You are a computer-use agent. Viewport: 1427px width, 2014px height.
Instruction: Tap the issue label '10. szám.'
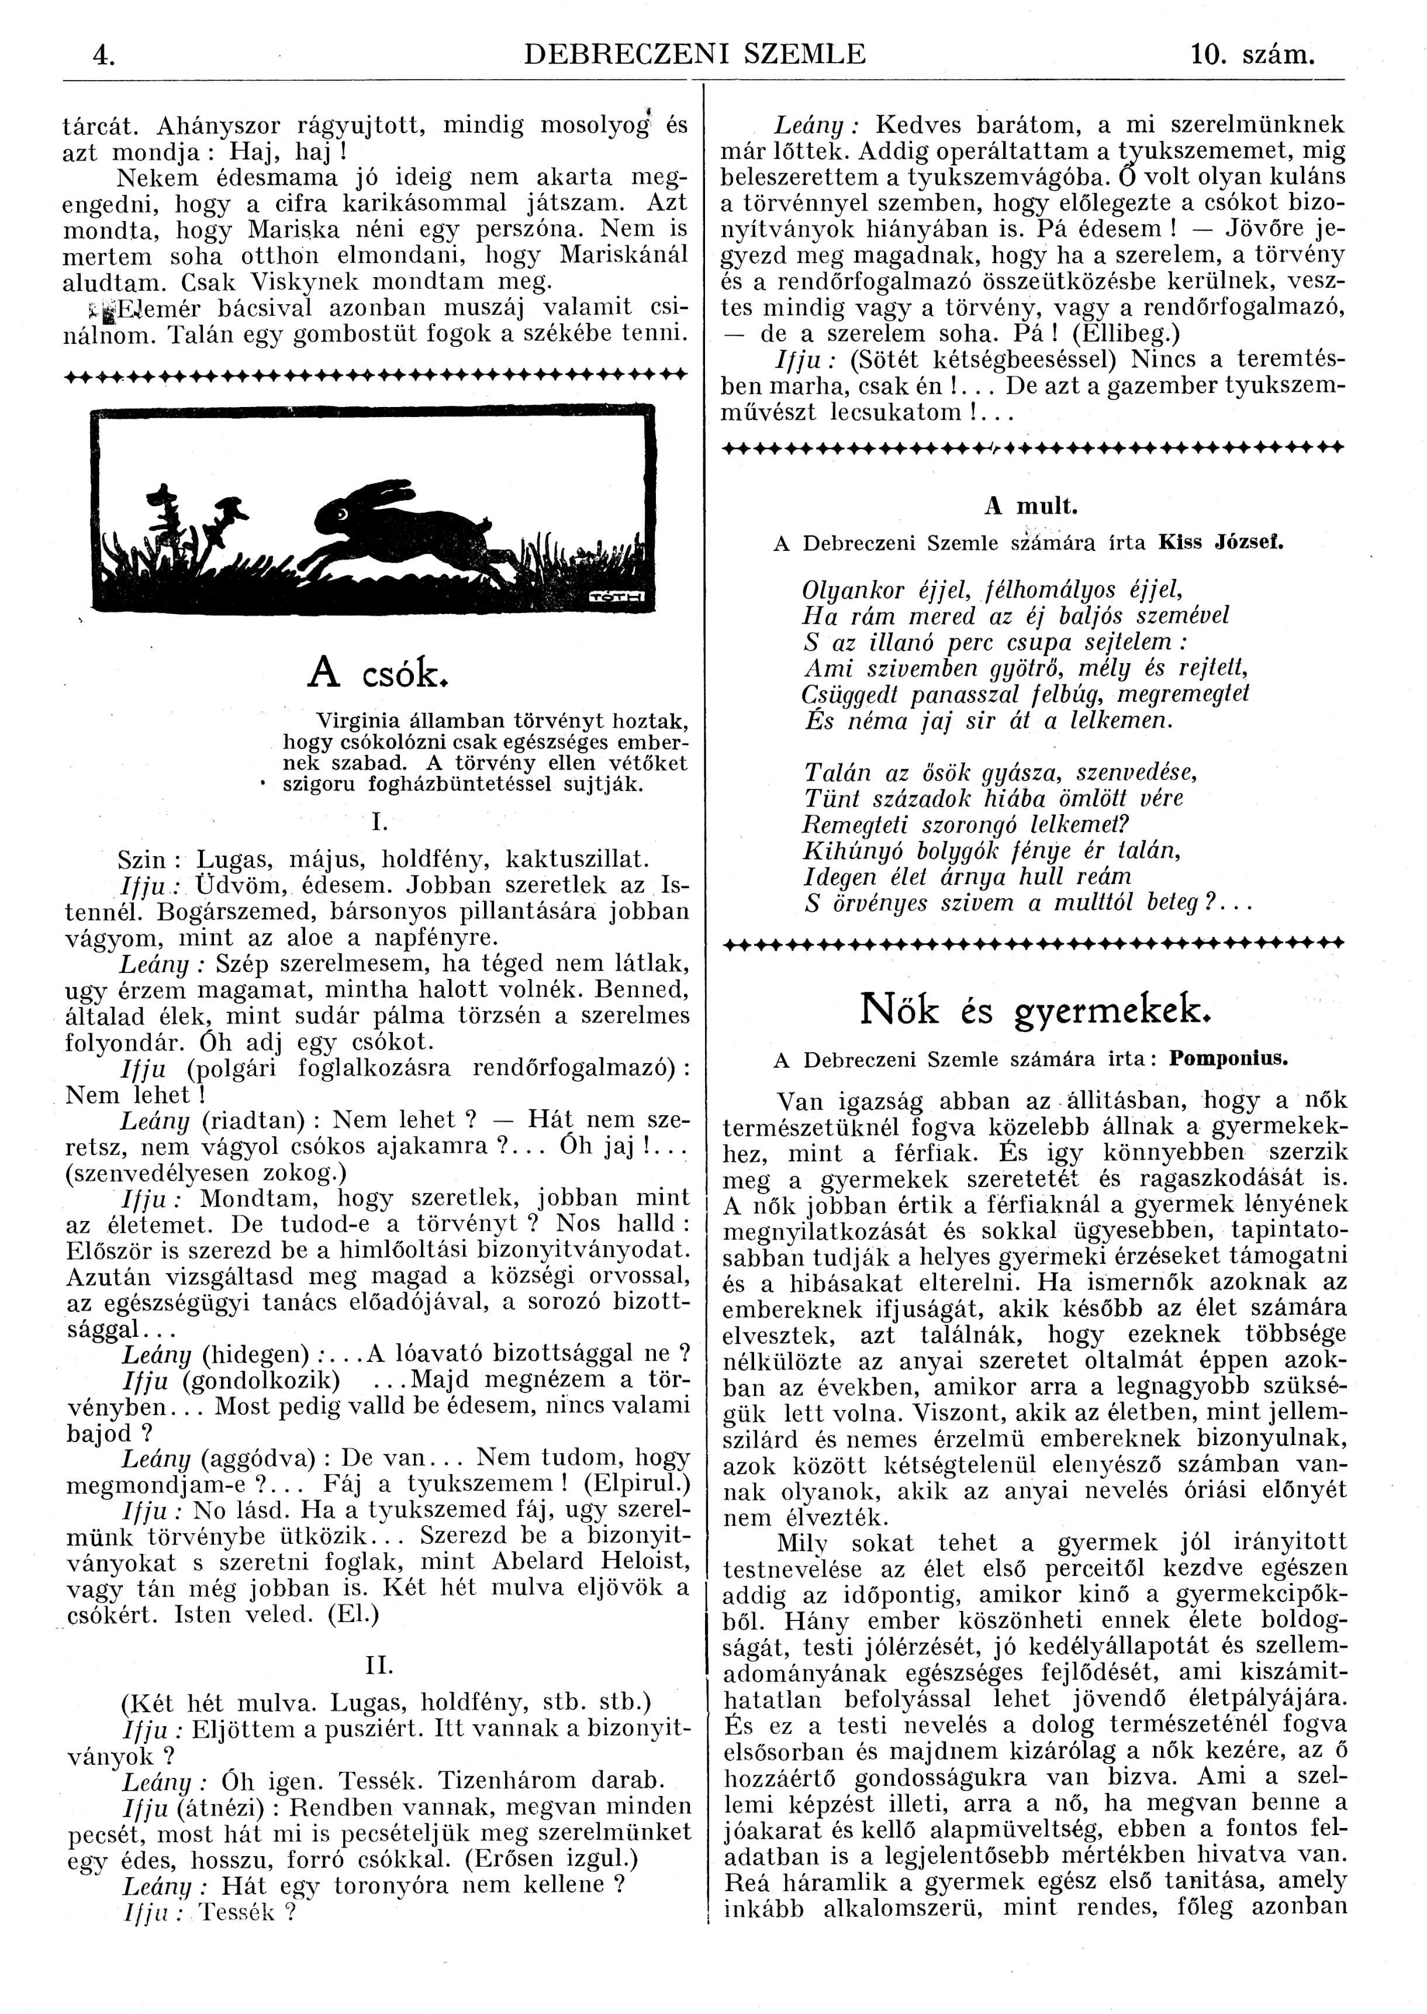[x=1252, y=56]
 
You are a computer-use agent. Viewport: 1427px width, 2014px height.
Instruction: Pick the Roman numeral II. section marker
[x=379, y=1666]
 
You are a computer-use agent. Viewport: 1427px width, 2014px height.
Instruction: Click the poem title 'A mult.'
[x=1031, y=507]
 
